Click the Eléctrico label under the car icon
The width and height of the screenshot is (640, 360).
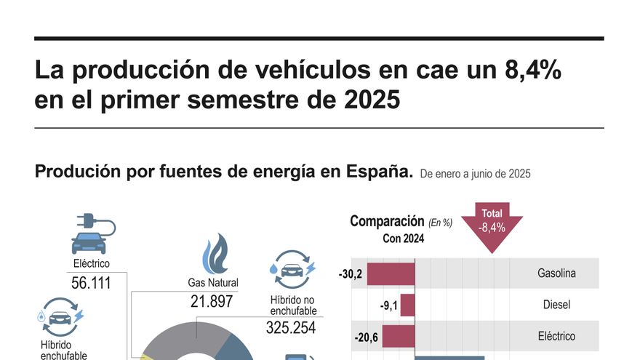pos(92,263)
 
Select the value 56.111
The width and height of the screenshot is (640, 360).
pos(92,283)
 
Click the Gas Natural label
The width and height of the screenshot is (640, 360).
pos(213,282)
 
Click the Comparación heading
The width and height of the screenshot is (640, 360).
pos(387,221)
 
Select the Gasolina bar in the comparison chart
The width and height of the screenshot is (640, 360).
pos(391,273)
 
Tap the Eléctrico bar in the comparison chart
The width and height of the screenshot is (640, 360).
pos(399,336)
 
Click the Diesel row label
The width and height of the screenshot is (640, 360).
pos(556,305)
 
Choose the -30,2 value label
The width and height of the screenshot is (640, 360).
pos(351,275)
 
